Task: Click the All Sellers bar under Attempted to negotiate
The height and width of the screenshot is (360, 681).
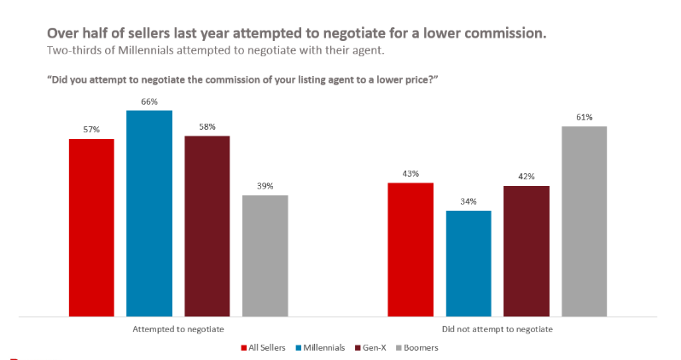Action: pos(91,227)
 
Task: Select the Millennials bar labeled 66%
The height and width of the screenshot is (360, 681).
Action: pos(149,213)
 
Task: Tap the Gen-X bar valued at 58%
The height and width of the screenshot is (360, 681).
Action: pos(207,226)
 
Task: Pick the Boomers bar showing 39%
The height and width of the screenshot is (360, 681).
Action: pos(265,256)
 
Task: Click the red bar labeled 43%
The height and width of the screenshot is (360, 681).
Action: pos(410,249)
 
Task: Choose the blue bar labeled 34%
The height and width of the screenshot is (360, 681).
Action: pos(469,263)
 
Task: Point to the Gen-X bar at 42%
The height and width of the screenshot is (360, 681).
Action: pos(527,251)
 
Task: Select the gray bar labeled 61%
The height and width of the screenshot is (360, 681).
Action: pos(584,221)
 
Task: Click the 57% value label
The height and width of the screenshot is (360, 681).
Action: pos(91,130)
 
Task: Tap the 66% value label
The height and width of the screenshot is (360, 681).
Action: pos(149,102)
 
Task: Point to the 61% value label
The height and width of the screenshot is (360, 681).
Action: pos(584,117)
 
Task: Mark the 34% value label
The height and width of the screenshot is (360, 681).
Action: pos(469,201)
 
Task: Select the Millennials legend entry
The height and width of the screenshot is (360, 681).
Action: pos(319,347)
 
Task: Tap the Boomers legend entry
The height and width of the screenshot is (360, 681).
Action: pos(420,347)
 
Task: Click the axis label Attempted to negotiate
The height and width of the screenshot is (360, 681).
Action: pos(178,328)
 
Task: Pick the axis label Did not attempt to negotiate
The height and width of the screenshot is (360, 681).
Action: pos(498,328)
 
